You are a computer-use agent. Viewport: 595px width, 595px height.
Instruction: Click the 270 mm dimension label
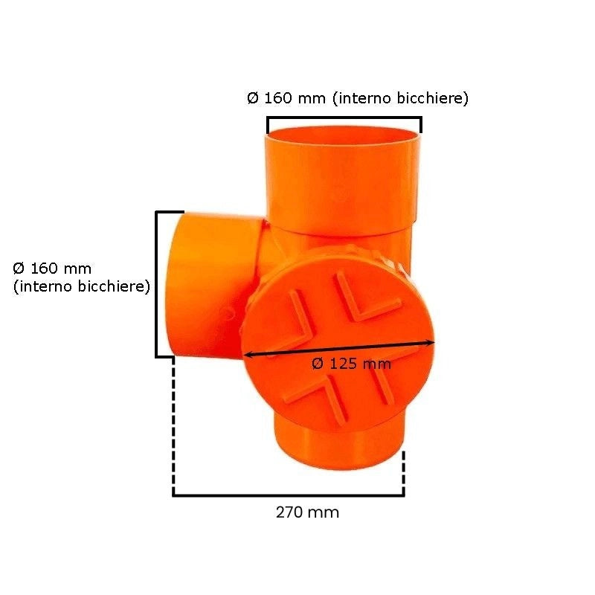point(307,512)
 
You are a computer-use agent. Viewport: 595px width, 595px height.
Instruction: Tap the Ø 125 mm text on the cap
point(351,364)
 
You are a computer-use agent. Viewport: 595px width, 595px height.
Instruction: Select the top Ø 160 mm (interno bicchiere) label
point(358,98)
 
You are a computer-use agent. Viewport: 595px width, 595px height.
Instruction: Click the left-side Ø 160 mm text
point(52,268)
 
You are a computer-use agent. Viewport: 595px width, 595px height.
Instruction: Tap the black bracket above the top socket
point(344,118)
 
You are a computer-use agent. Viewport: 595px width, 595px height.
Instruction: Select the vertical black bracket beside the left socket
point(157,284)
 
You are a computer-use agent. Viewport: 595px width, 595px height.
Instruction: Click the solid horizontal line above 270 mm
point(289,495)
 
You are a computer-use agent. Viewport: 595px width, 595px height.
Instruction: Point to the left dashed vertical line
point(173,425)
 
